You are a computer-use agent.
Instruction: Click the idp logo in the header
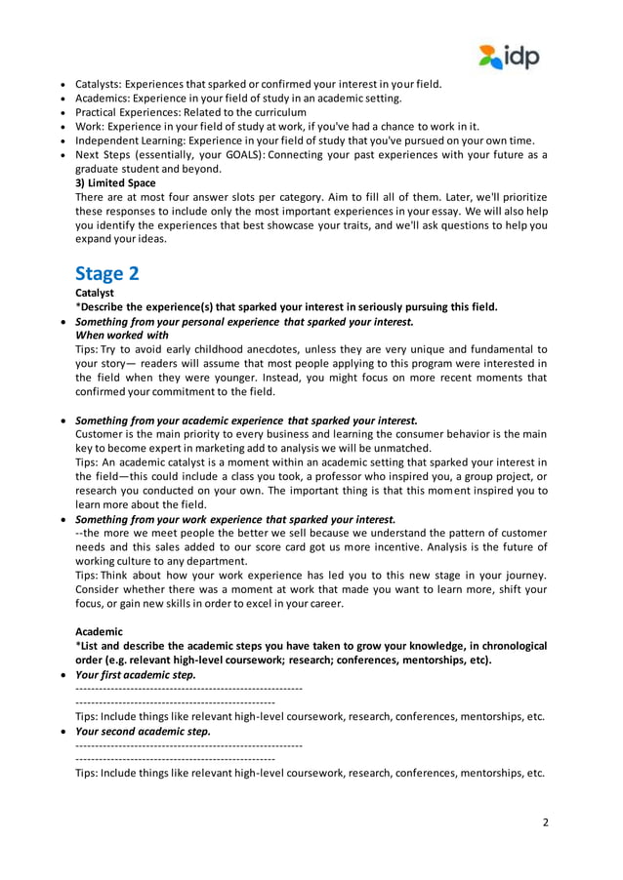click(x=509, y=57)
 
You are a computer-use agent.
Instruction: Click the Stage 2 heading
click(x=107, y=273)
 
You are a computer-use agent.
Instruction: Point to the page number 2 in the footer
click(x=546, y=822)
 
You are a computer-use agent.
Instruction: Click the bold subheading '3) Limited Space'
click(x=115, y=182)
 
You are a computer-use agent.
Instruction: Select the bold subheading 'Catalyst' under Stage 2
click(x=95, y=292)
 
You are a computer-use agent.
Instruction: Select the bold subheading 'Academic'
click(x=100, y=631)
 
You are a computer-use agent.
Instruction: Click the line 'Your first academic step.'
click(x=136, y=674)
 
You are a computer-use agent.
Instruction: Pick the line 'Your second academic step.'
click(x=143, y=731)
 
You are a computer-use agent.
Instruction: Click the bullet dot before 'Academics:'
click(x=63, y=99)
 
